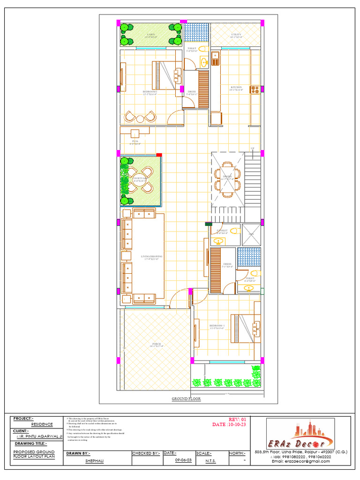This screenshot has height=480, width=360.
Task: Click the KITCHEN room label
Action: (x=236, y=88)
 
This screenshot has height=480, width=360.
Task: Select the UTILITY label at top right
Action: (x=236, y=35)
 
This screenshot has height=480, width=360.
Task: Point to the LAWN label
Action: (x=150, y=35)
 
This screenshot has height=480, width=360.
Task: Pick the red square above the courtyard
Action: (x=159, y=154)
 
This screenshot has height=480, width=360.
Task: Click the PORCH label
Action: (x=156, y=344)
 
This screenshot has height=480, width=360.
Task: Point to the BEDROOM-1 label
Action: (x=217, y=325)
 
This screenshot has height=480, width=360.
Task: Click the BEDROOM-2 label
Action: (x=150, y=92)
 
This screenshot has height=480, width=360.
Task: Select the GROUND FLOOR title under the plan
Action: (x=186, y=399)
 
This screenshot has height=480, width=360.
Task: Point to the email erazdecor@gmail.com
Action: (x=301, y=461)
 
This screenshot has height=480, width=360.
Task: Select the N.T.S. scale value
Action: (x=211, y=461)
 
